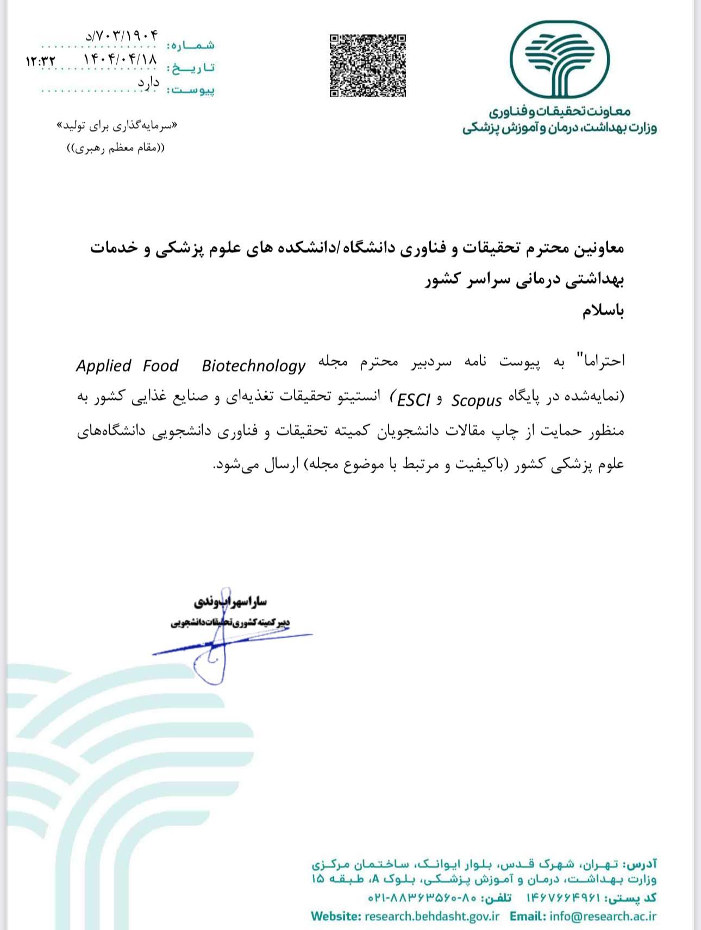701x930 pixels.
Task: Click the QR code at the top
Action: coord(368,66)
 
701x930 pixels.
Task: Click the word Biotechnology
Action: coord(253,366)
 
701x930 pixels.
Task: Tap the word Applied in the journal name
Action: coord(104,366)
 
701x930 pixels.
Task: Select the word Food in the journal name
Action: coord(160,366)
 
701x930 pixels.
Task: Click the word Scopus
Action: coord(477,400)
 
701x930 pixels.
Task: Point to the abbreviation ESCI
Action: coord(414,400)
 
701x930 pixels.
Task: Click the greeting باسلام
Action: coord(603,311)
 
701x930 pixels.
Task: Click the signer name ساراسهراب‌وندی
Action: coord(230,601)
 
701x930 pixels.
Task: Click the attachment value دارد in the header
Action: coord(148,83)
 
